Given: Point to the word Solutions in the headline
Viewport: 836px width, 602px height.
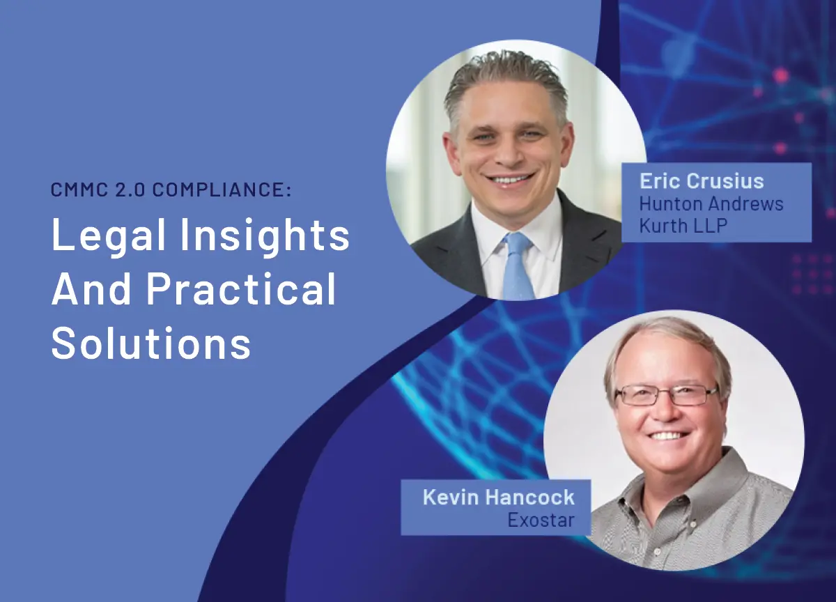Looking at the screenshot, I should click(x=151, y=343).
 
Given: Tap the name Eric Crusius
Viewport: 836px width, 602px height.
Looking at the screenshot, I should click(x=702, y=181).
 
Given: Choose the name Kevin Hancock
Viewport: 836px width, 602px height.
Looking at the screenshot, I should click(x=499, y=497).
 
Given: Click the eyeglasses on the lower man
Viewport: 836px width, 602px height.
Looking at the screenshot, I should click(x=665, y=395).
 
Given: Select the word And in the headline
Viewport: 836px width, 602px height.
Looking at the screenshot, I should click(x=88, y=290).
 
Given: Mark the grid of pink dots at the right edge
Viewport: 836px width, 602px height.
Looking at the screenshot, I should click(x=812, y=273).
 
